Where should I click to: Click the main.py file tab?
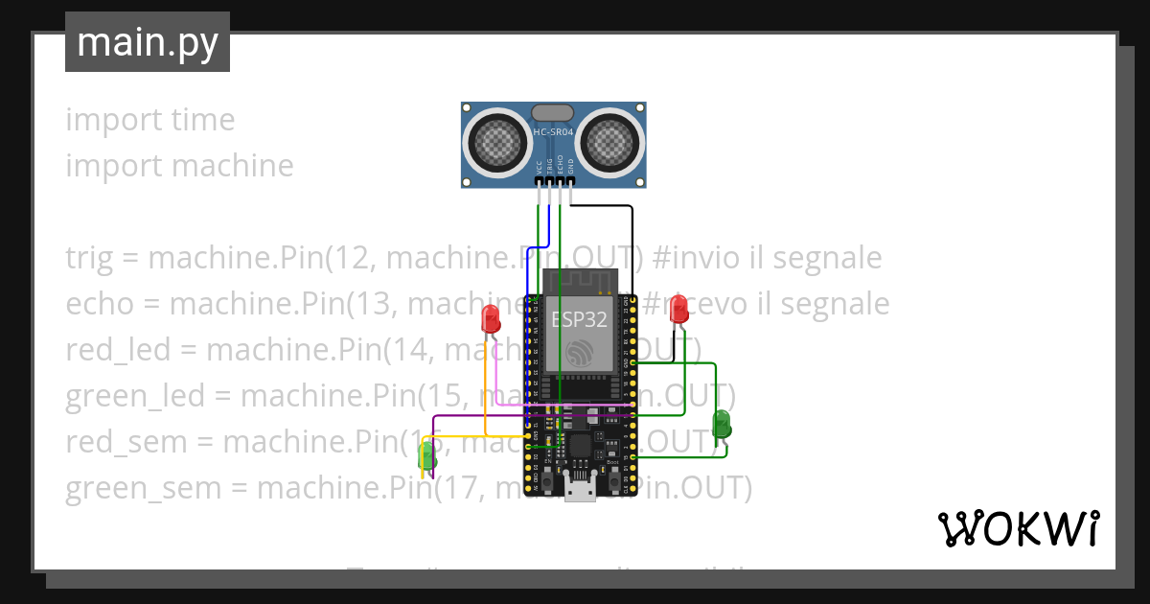pos(148,42)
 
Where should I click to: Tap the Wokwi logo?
pos(1018,528)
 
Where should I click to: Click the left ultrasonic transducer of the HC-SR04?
pos(497,143)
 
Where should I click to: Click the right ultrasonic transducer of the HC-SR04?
pos(609,143)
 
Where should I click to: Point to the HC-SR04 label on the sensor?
pos(554,132)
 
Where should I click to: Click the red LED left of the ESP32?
pos(491,318)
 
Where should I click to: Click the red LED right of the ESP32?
pos(678,309)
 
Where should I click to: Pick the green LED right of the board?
pos(722,423)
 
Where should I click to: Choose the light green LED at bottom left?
pos(427,456)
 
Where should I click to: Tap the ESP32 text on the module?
pos(578,320)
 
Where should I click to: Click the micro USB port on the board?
pos(578,490)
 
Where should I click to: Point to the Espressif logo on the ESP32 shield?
pos(579,353)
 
